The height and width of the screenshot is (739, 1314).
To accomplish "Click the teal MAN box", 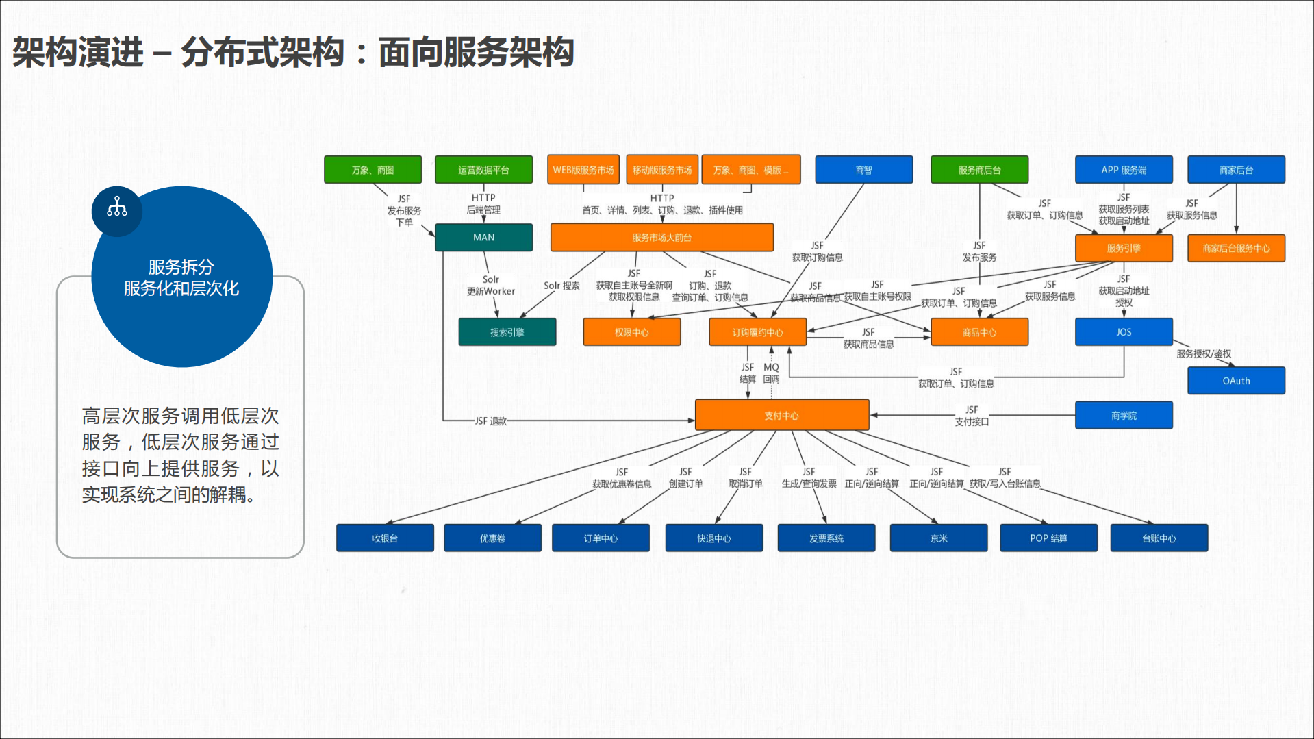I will tap(483, 238).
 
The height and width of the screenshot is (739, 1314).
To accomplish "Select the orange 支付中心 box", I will tap(781, 416).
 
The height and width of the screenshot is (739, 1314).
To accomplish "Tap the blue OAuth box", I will tap(1236, 381).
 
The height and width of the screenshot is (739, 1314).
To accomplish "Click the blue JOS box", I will tap(1124, 332).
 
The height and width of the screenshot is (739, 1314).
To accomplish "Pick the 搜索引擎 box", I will tap(507, 332).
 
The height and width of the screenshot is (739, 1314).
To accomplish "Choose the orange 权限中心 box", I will tap(631, 332).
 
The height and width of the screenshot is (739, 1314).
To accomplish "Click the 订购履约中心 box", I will tap(757, 332).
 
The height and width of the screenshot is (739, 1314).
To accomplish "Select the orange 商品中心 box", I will tap(979, 332).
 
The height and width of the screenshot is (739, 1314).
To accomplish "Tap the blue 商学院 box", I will tap(1124, 416).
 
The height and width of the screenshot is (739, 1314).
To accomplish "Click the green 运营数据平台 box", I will tap(483, 170).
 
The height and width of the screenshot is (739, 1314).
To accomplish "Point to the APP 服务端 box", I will tap(1124, 170).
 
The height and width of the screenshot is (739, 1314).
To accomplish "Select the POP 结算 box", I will tap(1048, 538).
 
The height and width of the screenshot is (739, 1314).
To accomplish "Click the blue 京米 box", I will tap(938, 538).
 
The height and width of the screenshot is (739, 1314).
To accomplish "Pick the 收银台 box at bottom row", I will tap(385, 538).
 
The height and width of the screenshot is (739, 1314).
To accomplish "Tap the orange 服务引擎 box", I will tap(1124, 248).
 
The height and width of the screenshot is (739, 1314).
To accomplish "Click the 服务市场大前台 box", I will tap(661, 238).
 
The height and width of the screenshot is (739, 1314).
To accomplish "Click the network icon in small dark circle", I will tap(117, 208).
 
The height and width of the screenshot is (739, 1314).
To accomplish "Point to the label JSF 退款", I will tap(491, 421).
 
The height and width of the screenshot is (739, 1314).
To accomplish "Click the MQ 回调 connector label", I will tap(772, 373).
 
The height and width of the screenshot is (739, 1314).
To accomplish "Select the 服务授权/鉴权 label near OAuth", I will tap(1204, 354).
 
